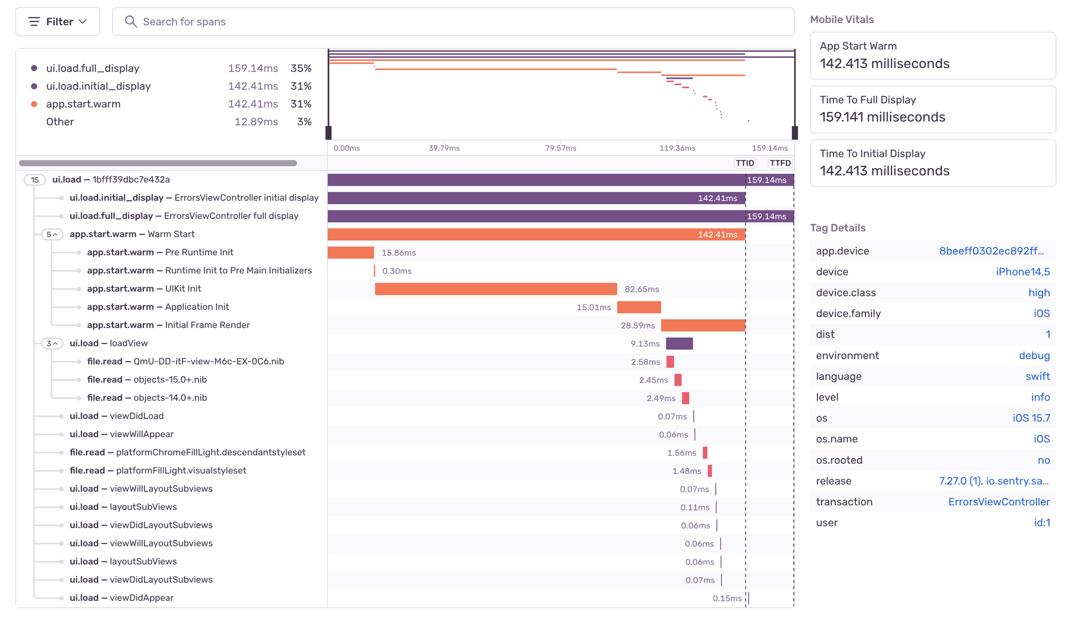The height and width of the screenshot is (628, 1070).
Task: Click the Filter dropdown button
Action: tap(57, 21)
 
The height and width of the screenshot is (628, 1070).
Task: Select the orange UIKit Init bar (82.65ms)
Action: tap(496, 289)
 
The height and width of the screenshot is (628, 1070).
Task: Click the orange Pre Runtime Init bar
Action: tap(351, 252)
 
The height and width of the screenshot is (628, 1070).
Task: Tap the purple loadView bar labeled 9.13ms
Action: tap(679, 343)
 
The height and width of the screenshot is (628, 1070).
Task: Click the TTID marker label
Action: tap(745, 163)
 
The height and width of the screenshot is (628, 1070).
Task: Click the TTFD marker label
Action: tap(780, 163)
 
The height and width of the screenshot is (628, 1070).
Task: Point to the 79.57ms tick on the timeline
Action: tap(561, 148)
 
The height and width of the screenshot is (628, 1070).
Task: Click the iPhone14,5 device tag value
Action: tap(1022, 272)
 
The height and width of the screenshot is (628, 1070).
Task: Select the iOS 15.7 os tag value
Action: tap(1031, 418)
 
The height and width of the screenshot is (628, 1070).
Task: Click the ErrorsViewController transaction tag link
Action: tap(998, 502)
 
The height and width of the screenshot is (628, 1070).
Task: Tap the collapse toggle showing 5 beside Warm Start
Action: tap(52, 234)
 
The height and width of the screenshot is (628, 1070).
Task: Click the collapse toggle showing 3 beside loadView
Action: tap(52, 343)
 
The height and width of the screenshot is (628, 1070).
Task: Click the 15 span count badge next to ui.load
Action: tap(34, 180)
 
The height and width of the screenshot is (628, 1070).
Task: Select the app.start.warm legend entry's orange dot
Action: tap(34, 104)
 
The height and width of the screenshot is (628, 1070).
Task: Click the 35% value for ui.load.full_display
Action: tap(301, 68)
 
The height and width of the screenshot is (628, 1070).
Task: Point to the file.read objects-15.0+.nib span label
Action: tap(147, 379)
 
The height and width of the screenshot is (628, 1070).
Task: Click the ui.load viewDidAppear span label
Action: tap(121, 598)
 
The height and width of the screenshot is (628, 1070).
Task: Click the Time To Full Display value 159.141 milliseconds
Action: tap(882, 117)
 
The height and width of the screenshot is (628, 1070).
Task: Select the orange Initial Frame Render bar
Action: tap(703, 325)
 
